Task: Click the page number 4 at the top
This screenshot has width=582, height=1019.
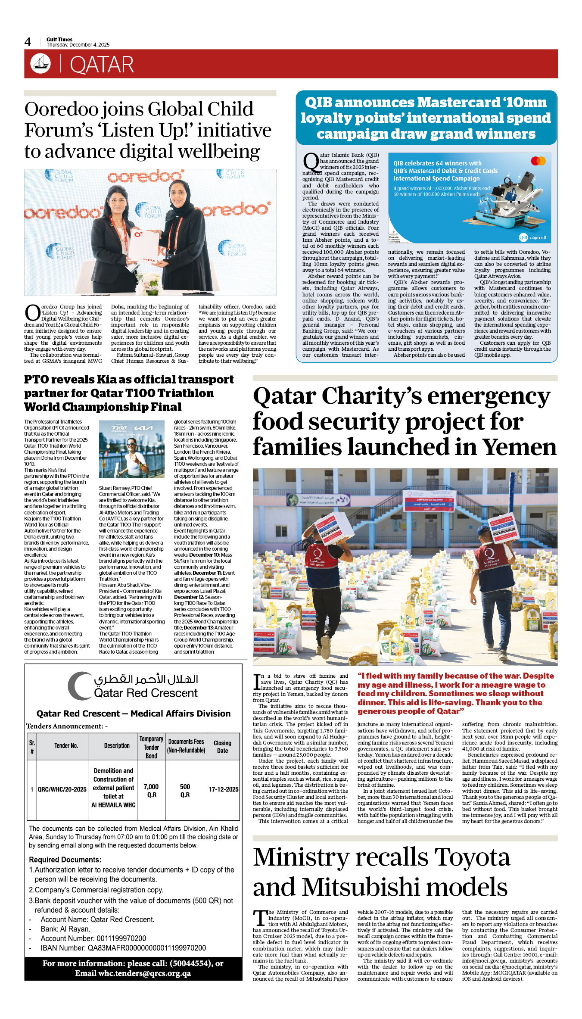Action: click(28, 42)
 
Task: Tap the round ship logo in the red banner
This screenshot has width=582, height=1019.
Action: click(40, 64)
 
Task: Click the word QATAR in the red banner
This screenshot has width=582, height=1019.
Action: click(102, 65)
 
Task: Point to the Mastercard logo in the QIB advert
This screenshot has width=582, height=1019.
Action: click(538, 161)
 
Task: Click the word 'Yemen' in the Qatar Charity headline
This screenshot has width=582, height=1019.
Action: click(520, 447)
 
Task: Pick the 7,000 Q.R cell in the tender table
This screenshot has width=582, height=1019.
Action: click(151, 791)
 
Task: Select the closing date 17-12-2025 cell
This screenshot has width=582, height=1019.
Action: click(223, 789)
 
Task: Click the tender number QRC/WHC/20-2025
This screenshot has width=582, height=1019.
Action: click(62, 789)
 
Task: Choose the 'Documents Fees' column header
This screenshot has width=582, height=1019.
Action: click(186, 746)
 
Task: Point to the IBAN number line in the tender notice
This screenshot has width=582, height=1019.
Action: click(123, 948)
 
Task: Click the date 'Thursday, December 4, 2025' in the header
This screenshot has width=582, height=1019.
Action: click(78, 45)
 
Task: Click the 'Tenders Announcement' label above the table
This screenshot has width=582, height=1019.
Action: click(65, 726)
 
